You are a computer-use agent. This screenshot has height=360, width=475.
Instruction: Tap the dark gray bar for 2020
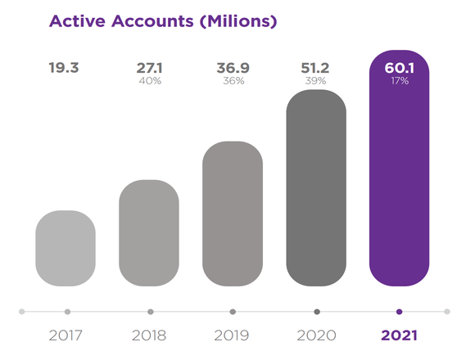click(x=316, y=188)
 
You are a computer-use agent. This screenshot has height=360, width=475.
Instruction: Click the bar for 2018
click(x=149, y=233)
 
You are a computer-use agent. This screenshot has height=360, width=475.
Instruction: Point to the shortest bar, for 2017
click(x=66, y=249)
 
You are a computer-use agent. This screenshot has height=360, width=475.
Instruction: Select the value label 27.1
click(x=149, y=67)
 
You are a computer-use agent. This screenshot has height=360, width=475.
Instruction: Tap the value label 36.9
click(x=233, y=67)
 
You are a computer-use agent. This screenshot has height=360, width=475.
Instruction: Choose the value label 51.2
click(x=316, y=67)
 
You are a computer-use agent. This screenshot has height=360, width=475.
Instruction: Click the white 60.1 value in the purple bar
click(x=399, y=67)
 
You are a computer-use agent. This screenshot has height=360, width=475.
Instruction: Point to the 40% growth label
click(x=149, y=81)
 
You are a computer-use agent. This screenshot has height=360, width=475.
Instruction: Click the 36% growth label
click(x=233, y=81)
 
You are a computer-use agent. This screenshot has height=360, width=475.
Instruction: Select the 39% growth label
click(x=316, y=81)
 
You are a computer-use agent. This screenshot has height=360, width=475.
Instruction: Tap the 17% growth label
click(x=399, y=81)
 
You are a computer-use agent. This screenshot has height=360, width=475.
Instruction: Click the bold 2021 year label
click(x=399, y=335)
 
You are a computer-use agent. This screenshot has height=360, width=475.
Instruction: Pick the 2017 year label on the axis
click(x=66, y=335)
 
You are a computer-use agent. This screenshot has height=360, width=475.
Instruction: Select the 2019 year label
click(x=233, y=335)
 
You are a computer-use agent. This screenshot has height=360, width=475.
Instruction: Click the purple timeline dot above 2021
click(x=399, y=312)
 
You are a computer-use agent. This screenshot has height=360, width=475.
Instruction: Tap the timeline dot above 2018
click(x=150, y=312)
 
